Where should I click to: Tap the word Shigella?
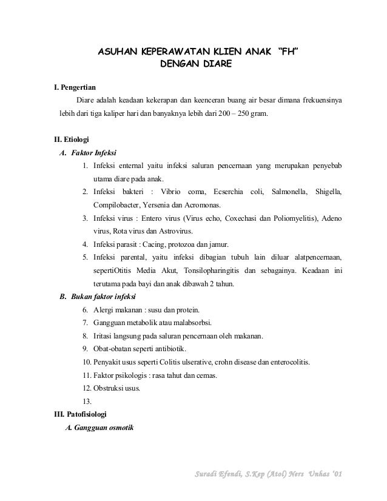pyautogui.click(x=326, y=192)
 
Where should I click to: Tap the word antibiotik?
pyautogui.click(x=172, y=349)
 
